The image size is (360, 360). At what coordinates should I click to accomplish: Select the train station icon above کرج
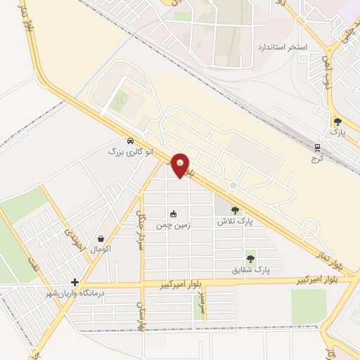coord(317,148)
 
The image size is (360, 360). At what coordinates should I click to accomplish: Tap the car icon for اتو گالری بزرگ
coord(130,140)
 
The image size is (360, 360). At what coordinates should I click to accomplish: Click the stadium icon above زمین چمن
coord(173,214)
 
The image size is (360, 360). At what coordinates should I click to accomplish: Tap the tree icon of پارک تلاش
coord(235,210)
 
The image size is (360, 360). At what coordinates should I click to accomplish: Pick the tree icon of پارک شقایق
coord(251,259)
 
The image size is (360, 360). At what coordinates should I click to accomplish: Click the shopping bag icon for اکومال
coord(103,238)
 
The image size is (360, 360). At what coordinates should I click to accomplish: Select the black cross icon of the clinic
coord(75,282)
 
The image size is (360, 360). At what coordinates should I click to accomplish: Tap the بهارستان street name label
coord(139,314)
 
